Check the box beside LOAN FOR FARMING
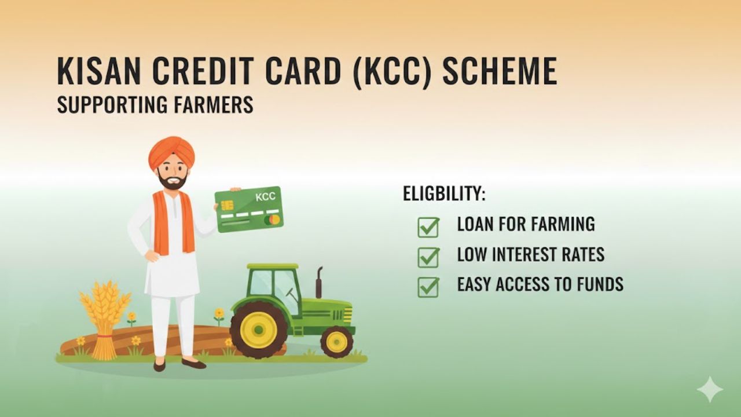(428, 226)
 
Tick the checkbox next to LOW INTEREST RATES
(428, 257)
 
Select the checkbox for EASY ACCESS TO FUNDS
(428, 287)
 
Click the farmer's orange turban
(171, 152)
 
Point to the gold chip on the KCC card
(227, 206)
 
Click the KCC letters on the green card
(265, 197)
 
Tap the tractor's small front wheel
(336, 342)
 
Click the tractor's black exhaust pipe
(318, 283)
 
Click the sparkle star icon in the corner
(710, 389)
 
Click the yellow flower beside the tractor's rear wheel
(219, 314)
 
